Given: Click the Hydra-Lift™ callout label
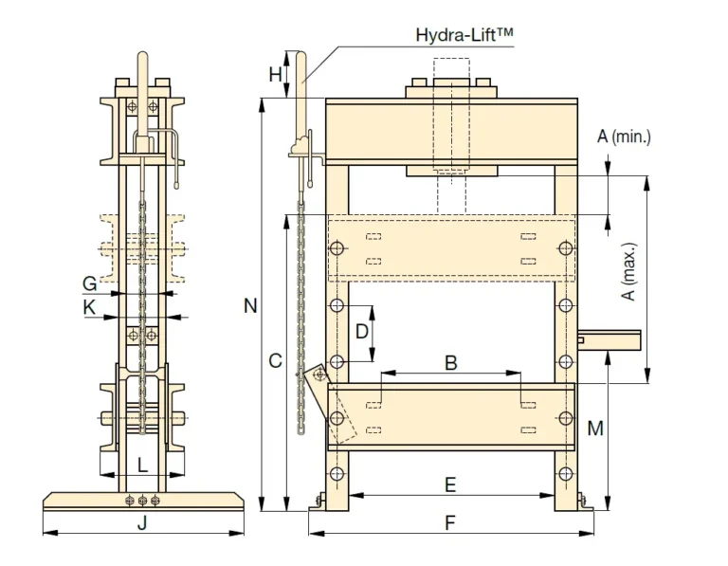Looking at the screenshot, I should pos(464,36).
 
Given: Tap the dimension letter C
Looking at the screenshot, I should pos(275,360).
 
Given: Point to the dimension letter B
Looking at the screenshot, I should pos(451,362).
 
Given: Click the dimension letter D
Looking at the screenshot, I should pos(361,332).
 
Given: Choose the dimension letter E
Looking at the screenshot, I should pos(451,485).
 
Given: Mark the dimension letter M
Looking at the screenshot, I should pos(594,429).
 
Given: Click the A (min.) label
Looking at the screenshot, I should pos(624,137).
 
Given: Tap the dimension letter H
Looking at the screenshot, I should pos(275,74).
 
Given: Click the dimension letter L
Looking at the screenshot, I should pos(142,465).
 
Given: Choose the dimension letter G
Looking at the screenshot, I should pos(89,283).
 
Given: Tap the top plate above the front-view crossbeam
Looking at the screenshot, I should pos(451,92).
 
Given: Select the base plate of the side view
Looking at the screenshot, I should pos(143,500).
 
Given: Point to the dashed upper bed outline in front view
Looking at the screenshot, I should pos(451,248).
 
